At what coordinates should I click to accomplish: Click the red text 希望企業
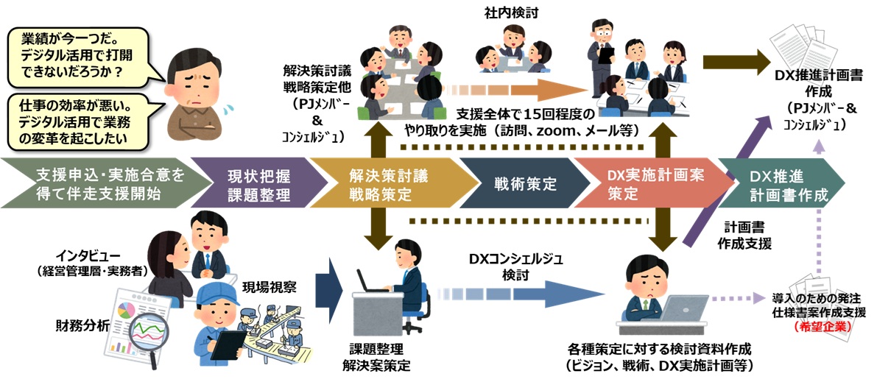click(x=817, y=327)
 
